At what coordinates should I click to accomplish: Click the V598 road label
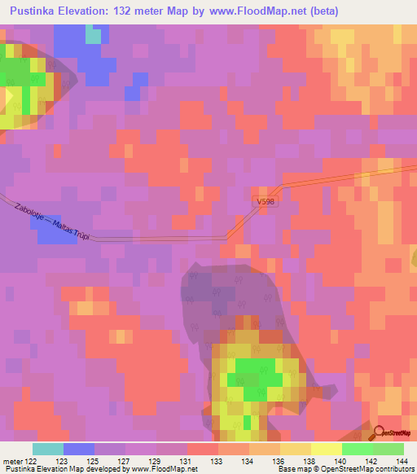(266, 200)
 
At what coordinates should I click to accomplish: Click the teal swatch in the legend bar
(48, 449)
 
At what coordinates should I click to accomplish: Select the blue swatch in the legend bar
(79, 449)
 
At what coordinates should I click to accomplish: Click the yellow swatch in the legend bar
(327, 449)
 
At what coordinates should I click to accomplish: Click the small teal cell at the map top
(94, 35)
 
